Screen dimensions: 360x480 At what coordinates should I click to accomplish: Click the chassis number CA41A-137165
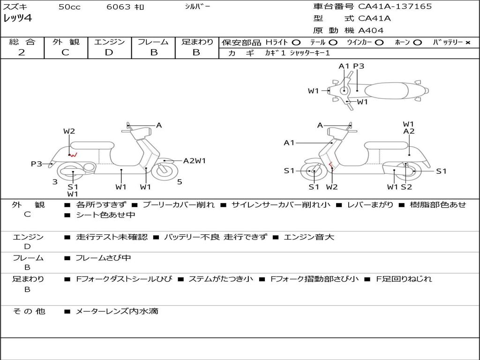pos(395,7)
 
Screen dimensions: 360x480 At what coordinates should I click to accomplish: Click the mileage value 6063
pos(116,7)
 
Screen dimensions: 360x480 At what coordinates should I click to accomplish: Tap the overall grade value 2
pos(22,52)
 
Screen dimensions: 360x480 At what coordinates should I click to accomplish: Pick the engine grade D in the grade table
pos(109,52)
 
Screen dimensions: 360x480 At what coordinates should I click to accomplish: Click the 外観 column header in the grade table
pos(66,42)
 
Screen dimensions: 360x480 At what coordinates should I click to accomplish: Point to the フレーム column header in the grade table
pos(153,42)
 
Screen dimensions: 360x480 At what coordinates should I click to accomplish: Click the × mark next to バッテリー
pos(468,42)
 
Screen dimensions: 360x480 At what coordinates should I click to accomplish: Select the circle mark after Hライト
pos(296,42)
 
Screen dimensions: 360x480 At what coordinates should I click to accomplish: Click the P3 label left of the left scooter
pos(37,164)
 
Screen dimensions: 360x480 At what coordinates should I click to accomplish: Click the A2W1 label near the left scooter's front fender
pos(194,161)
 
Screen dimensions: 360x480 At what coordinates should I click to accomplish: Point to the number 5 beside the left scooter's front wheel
pos(180,182)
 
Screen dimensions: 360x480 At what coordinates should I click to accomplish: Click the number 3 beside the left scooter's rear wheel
pos(55,182)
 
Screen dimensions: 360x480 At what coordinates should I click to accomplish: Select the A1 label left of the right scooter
pos(289,142)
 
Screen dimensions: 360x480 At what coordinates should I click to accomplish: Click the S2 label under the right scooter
pos(406,187)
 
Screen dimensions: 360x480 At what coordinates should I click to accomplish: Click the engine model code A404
pos(371,30)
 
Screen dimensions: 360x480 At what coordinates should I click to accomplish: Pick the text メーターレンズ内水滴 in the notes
pos(117,311)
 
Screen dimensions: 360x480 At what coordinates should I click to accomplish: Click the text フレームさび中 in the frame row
pos(103,258)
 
